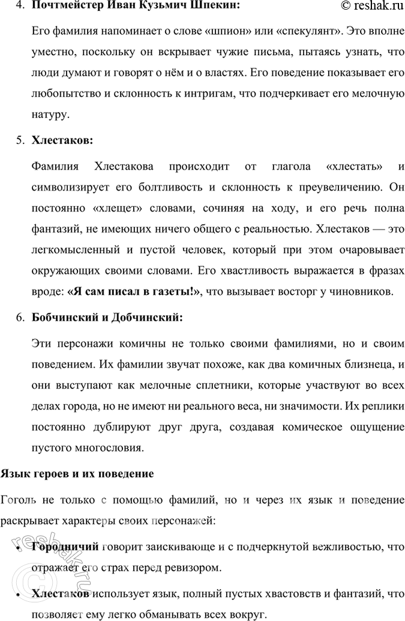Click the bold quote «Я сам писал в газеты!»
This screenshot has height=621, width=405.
(133, 291)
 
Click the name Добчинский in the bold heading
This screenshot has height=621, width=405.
(143, 318)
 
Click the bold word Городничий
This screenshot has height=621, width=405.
(65, 546)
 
